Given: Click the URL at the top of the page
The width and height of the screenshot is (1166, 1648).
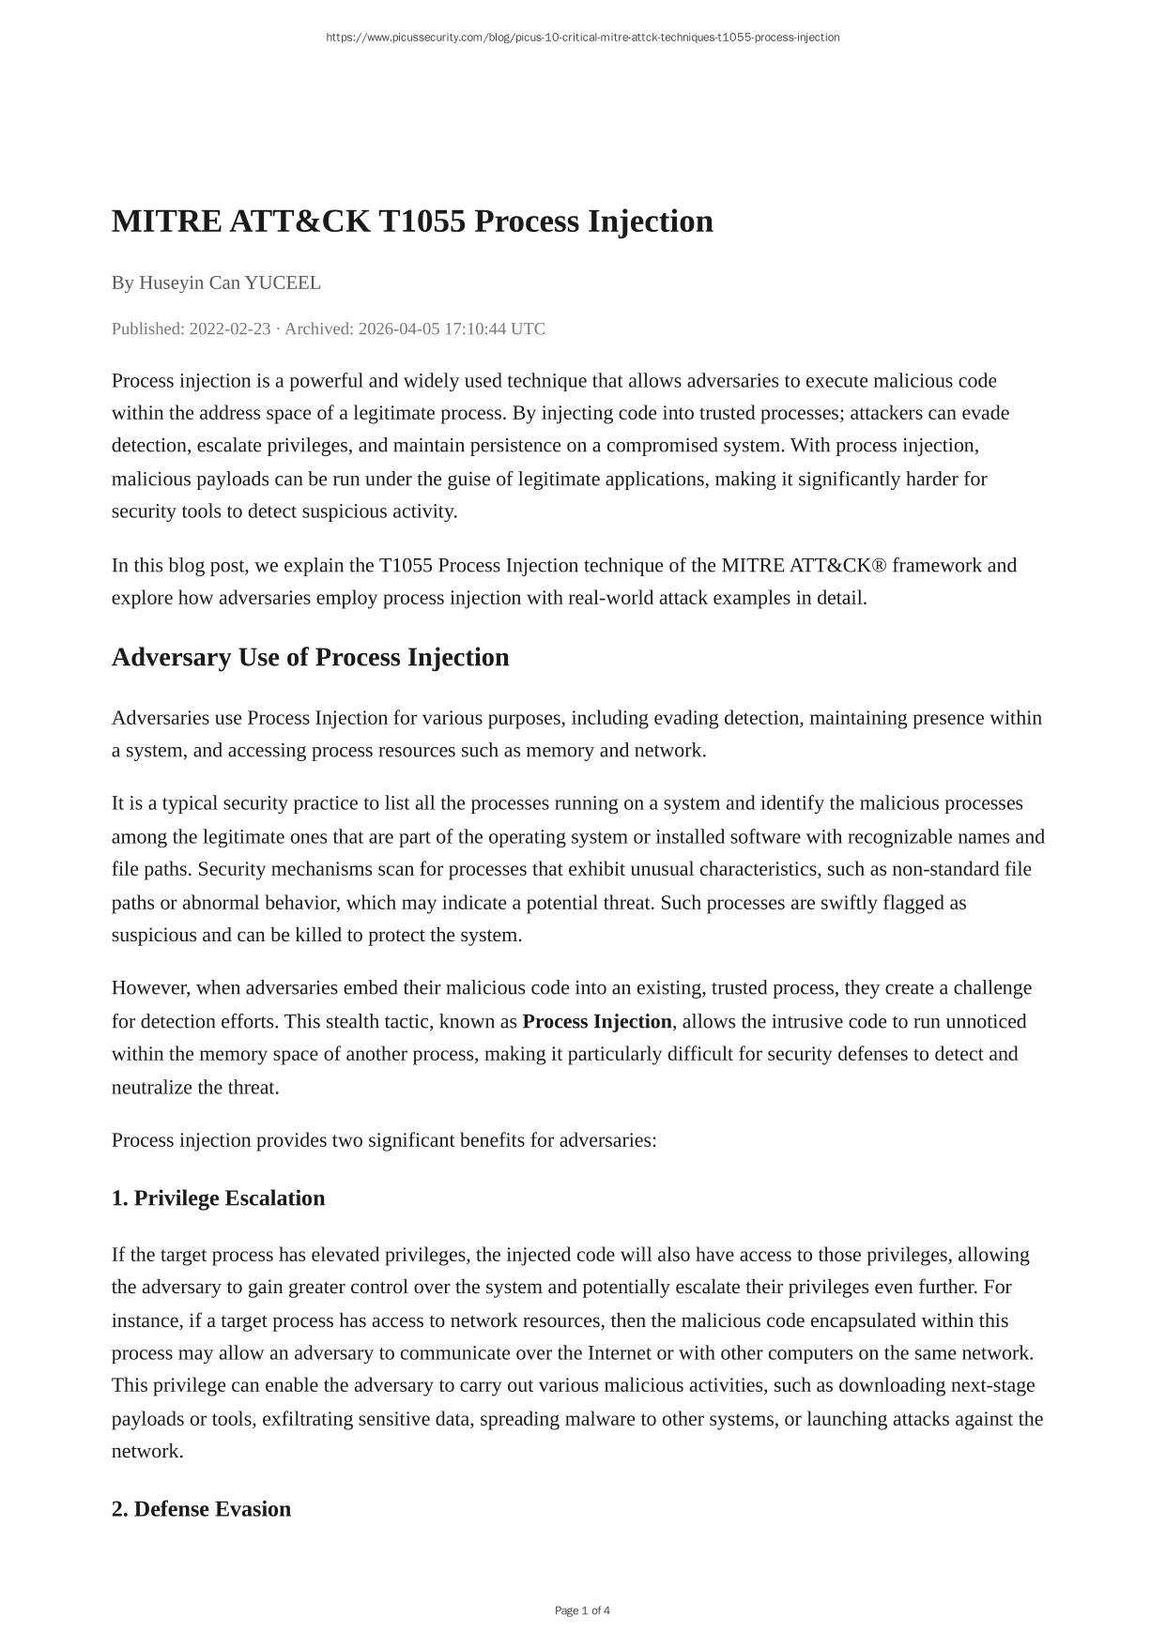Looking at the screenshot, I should pos(582,38).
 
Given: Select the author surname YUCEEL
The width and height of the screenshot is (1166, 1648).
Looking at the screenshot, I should pos(283,282).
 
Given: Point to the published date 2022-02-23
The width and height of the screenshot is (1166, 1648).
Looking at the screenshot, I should pos(230,328).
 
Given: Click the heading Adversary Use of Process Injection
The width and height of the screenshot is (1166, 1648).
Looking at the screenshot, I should pos(310,657).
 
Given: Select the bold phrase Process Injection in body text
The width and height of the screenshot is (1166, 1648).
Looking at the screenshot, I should pos(597,1021).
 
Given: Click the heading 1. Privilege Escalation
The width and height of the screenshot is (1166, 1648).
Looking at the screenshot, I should pos(218,1198).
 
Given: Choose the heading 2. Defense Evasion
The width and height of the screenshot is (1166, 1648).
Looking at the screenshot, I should pos(201,1509).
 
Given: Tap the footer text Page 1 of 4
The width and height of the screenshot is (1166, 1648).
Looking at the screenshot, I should pos(582,1610).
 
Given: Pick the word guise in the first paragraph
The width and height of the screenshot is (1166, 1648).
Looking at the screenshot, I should pos(468,479).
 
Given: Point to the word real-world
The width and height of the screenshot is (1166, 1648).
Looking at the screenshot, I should pos(610,598).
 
